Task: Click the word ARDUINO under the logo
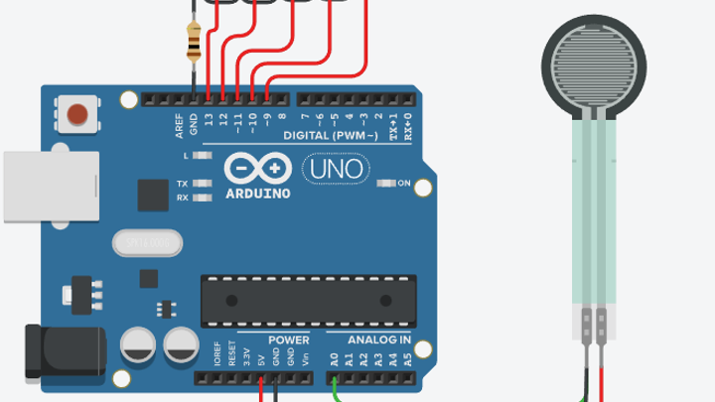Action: tap(258, 194)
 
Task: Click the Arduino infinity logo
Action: tap(257, 168)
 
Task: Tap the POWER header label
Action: tap(289, 340)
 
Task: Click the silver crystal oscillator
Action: tap(148, 241)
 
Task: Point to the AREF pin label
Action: tap(180, 123)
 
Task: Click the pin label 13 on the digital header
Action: tap(209, 120)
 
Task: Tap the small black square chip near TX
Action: tap(153, 195)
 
